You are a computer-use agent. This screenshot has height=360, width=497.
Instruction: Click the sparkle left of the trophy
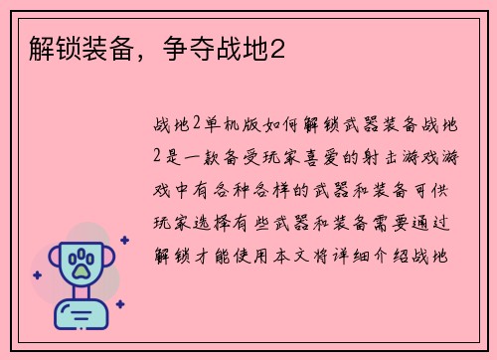coord(37,273)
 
